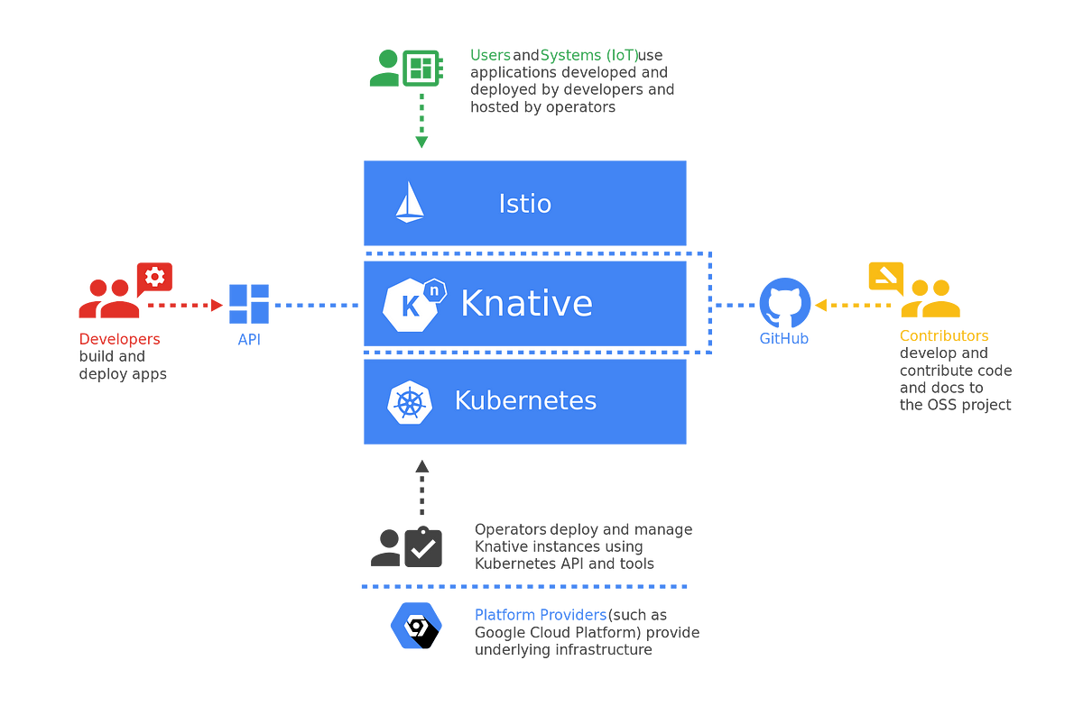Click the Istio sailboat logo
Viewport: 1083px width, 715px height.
click(x=410, y=202)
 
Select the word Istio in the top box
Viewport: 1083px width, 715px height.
click(x=524, y=204)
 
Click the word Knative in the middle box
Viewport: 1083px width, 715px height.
click(x=526, y=304)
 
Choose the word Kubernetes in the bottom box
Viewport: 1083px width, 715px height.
click(x=525, y=400)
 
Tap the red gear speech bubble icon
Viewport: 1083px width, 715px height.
click(x=154, y=278)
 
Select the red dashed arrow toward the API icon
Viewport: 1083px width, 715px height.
click(x=185, y=305)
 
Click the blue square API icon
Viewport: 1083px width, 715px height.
click(x=248, y=304)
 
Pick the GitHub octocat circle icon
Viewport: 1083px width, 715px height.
click(x=784, y=303)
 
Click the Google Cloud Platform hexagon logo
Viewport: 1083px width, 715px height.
click(x=416, y=625)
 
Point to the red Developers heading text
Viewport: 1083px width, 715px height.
click(x=119, y=338)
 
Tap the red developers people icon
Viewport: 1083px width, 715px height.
click(x=108, y=299)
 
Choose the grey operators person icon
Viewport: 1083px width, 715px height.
click(x=386, y=547)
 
